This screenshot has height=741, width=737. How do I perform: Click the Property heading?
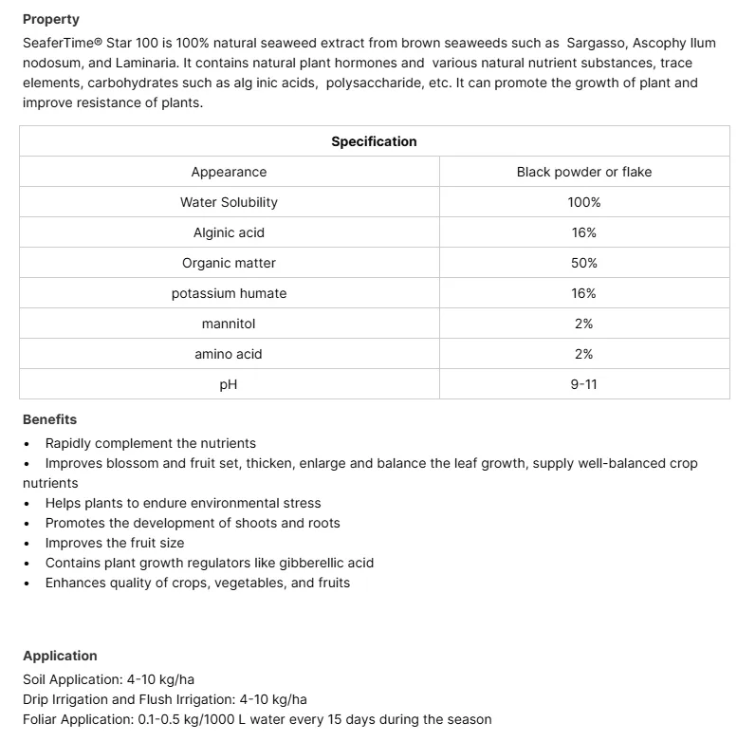point(51,19)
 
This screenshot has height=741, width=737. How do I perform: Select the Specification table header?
point(374,141)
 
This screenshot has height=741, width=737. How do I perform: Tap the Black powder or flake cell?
point(583,172)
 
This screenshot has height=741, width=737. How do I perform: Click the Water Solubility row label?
point(229,202)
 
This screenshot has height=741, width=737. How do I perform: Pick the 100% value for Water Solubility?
point(583,202)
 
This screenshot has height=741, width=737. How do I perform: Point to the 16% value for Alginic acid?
point(583,232)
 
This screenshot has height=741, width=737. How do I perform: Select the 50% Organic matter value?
point(583,263)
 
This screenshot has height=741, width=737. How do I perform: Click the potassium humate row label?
point(229,293)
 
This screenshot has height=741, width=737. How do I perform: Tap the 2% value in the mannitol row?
point(583,324)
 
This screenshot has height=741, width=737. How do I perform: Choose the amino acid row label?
point(229,354)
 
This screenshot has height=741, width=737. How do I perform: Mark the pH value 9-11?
point(583,384)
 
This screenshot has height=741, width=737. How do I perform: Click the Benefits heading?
point(49,419)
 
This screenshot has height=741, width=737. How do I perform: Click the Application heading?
point(60,656)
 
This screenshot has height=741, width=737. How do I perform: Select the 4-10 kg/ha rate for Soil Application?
point(160,680)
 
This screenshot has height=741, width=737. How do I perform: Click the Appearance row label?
point(229,172)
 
